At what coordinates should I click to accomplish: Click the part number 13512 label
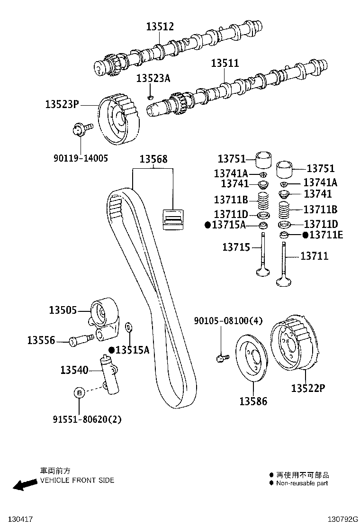pos(160,27)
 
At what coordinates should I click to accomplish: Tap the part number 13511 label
pos(225,63)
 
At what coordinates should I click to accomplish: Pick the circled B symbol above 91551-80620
pos(80,392)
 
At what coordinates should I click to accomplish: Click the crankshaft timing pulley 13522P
pos(294,344)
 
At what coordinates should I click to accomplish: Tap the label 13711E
pos(326,235)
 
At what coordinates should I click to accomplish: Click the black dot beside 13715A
pos(207,225)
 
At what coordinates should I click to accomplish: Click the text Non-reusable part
pos(302,483)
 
